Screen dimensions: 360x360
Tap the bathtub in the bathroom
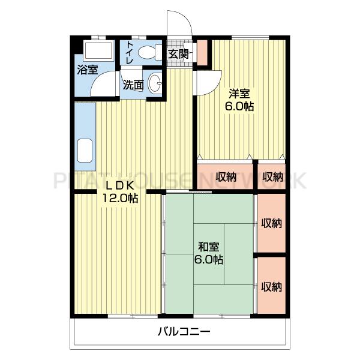(x=99, y=51)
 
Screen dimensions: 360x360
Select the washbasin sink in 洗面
(x=155, y=83)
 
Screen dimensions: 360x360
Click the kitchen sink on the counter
(x=85, y=151)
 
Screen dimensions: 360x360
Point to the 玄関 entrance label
(x=179, y=54)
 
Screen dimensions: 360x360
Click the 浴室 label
(x=88, y=70)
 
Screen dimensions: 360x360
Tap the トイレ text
(x=130, y=53)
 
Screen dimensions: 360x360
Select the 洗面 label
(x=133, y=85)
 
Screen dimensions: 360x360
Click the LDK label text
(x=119, y=185)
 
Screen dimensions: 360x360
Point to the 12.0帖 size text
(x=120, y=198)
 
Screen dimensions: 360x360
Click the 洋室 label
(x=239, y=94)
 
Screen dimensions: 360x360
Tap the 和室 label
(x=209, y=247)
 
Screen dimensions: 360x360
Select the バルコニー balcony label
(x=184, y=331)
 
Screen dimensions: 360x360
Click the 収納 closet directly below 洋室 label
(x=226, y=177)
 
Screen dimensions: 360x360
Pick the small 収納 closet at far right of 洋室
(x=272, y=177)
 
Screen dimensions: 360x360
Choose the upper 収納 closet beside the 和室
(x=271, y=223)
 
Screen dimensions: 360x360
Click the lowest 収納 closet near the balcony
(x=271, y=287)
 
